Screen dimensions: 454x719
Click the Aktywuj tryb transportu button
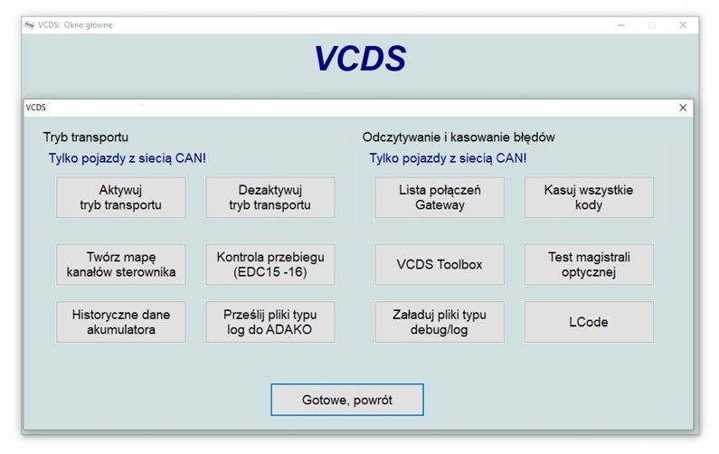[x=121, y=197]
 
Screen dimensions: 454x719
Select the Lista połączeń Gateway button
[x=440, y=197]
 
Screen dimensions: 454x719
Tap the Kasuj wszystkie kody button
[x=589, y=197]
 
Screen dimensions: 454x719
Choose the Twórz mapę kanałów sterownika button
[x=121, y=264]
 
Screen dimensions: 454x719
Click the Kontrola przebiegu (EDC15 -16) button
[x=270, y=264]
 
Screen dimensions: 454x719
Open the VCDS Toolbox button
[x=440, y=264]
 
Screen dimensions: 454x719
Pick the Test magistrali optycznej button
[x=589, y=264]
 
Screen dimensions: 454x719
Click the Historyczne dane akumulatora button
[x=121, y=322]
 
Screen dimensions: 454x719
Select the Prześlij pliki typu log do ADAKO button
[x=270, y=322]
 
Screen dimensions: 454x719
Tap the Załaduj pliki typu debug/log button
[x=440, y=322]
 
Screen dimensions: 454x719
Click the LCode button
[x=589, y=322]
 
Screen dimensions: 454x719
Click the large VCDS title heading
[x=360, y=59]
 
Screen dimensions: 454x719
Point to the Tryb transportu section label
[x=86, y=137]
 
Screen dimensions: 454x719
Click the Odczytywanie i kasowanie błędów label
[x=459, y=137]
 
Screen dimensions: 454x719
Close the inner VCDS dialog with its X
[x=683, y=108]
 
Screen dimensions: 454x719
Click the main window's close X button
[x=683, y=25]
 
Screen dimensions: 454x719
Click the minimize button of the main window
[x=620, y=25]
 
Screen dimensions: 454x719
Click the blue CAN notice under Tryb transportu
[x=128, y=158]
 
